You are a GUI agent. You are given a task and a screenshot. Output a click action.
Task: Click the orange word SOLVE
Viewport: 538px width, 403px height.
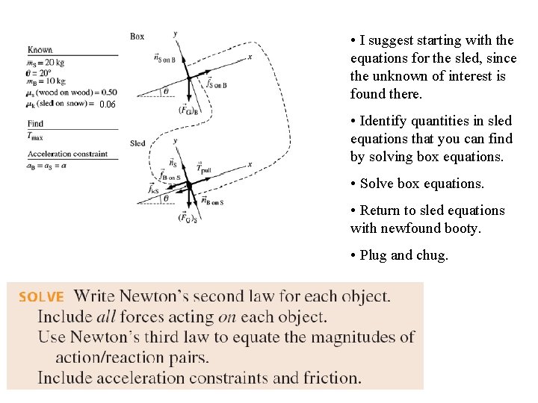pyautogui.click(x=42, y=297)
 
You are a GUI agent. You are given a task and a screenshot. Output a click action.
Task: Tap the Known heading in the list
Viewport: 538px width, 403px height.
pyautogui.click(x=40, y=50)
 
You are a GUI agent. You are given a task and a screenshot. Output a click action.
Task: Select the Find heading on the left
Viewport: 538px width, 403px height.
pyautogui.click(x=34, y=124)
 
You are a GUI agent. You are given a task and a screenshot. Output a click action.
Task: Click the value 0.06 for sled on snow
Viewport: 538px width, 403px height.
pyautogui.click(x=108, y=104)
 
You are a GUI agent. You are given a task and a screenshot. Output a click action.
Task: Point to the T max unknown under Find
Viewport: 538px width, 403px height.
pyautogui.click(x=34, y=136)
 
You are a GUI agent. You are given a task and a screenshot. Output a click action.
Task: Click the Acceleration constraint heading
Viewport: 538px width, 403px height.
pyautogui.click(x=67, y=154)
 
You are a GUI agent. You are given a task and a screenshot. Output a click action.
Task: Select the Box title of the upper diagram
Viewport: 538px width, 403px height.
pyautogui.click(x=137, y=36)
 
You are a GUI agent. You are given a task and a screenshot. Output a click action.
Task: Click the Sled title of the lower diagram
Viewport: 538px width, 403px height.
pyautogui.click(x=137, y=143)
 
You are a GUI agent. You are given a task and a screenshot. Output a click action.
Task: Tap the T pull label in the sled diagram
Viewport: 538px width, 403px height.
pyautogui.click(x=205, y=170)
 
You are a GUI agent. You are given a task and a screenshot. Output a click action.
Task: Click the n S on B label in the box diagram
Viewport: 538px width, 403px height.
pyautogui.click(x=163, y=58)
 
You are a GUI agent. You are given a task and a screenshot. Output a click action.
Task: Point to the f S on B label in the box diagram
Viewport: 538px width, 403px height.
pyautogui.click(x=216, y=84)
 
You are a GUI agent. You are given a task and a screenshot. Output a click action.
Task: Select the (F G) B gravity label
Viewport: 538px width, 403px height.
pyautogui.click(x=188, y=110)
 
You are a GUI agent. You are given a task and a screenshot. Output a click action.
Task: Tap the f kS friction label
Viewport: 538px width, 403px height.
pyautogui.click(x=153, y=190)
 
